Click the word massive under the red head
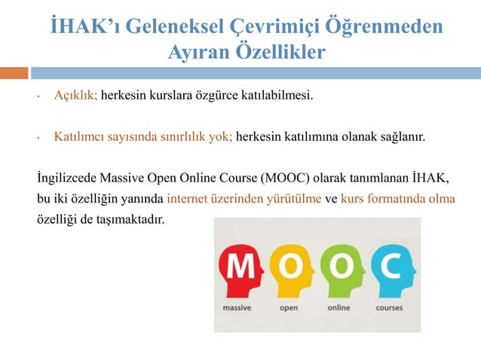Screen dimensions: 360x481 (237, 307)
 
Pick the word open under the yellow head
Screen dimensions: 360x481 (289, 307)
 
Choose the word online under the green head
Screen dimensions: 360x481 (339, 307)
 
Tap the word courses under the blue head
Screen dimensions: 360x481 (389, 307)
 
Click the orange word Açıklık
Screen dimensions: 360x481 (76, 96)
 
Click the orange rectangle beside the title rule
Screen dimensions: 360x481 (14, 73)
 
